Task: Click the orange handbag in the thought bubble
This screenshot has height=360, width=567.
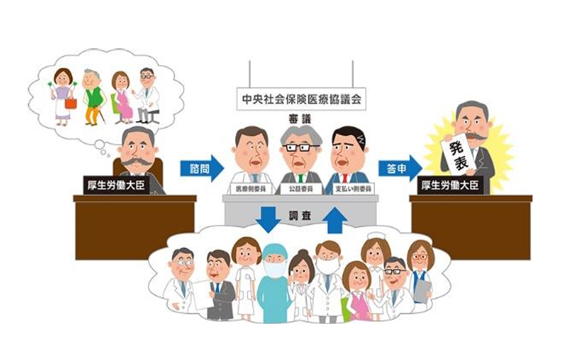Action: [70, 102]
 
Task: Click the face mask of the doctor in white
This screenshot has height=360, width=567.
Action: [328, 265]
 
